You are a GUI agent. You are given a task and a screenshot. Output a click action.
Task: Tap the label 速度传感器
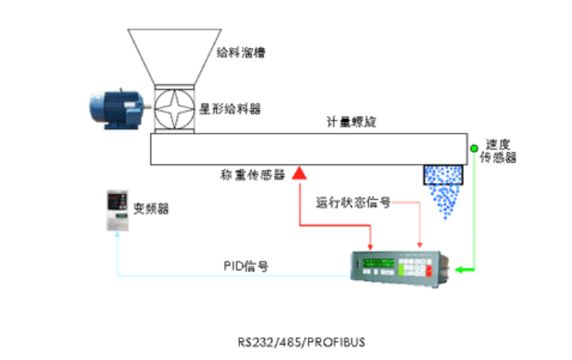point(498,151)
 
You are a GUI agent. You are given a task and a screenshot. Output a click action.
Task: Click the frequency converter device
point(116,209)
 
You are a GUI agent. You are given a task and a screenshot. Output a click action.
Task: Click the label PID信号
point(245,266)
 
